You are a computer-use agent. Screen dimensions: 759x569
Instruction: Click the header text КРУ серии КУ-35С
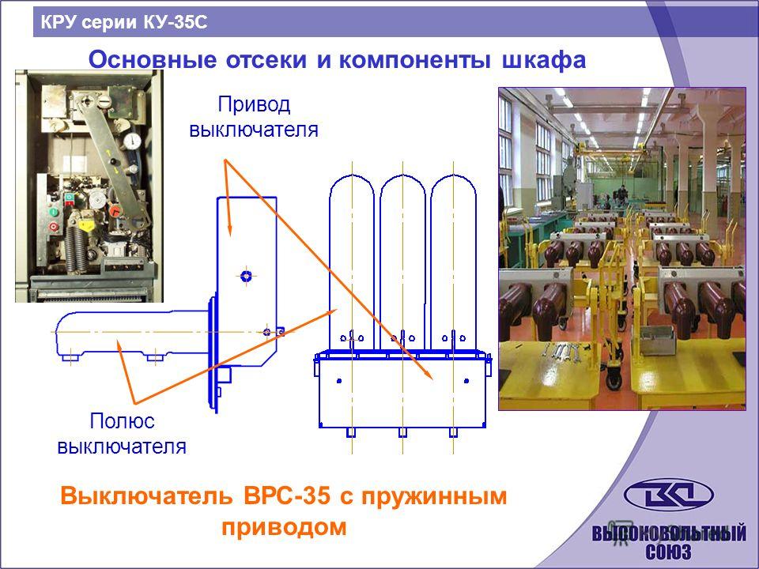click(x=124, y=22)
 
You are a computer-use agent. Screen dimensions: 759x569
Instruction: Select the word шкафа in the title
click(x=544, y=61)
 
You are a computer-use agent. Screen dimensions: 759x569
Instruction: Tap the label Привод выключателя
click(x=254, y=117)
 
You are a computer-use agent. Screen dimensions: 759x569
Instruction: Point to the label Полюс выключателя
click(x=122, y=434)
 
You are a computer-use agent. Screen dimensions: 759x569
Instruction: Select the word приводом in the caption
click(x=284, y=527)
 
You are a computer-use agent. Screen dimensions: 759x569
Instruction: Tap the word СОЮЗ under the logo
click(x=669, y=551)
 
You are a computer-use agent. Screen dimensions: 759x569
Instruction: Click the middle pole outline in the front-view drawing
click(x=402, y=262)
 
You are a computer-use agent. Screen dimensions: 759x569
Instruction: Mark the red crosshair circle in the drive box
click(x=247, y=276)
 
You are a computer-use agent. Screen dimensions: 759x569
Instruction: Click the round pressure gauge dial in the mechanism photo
click(x=132, y=141)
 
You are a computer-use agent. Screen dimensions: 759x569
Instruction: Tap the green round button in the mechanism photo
click(x=53, y=212)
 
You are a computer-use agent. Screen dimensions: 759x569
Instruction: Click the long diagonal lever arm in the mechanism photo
click(x=112, y=160)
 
